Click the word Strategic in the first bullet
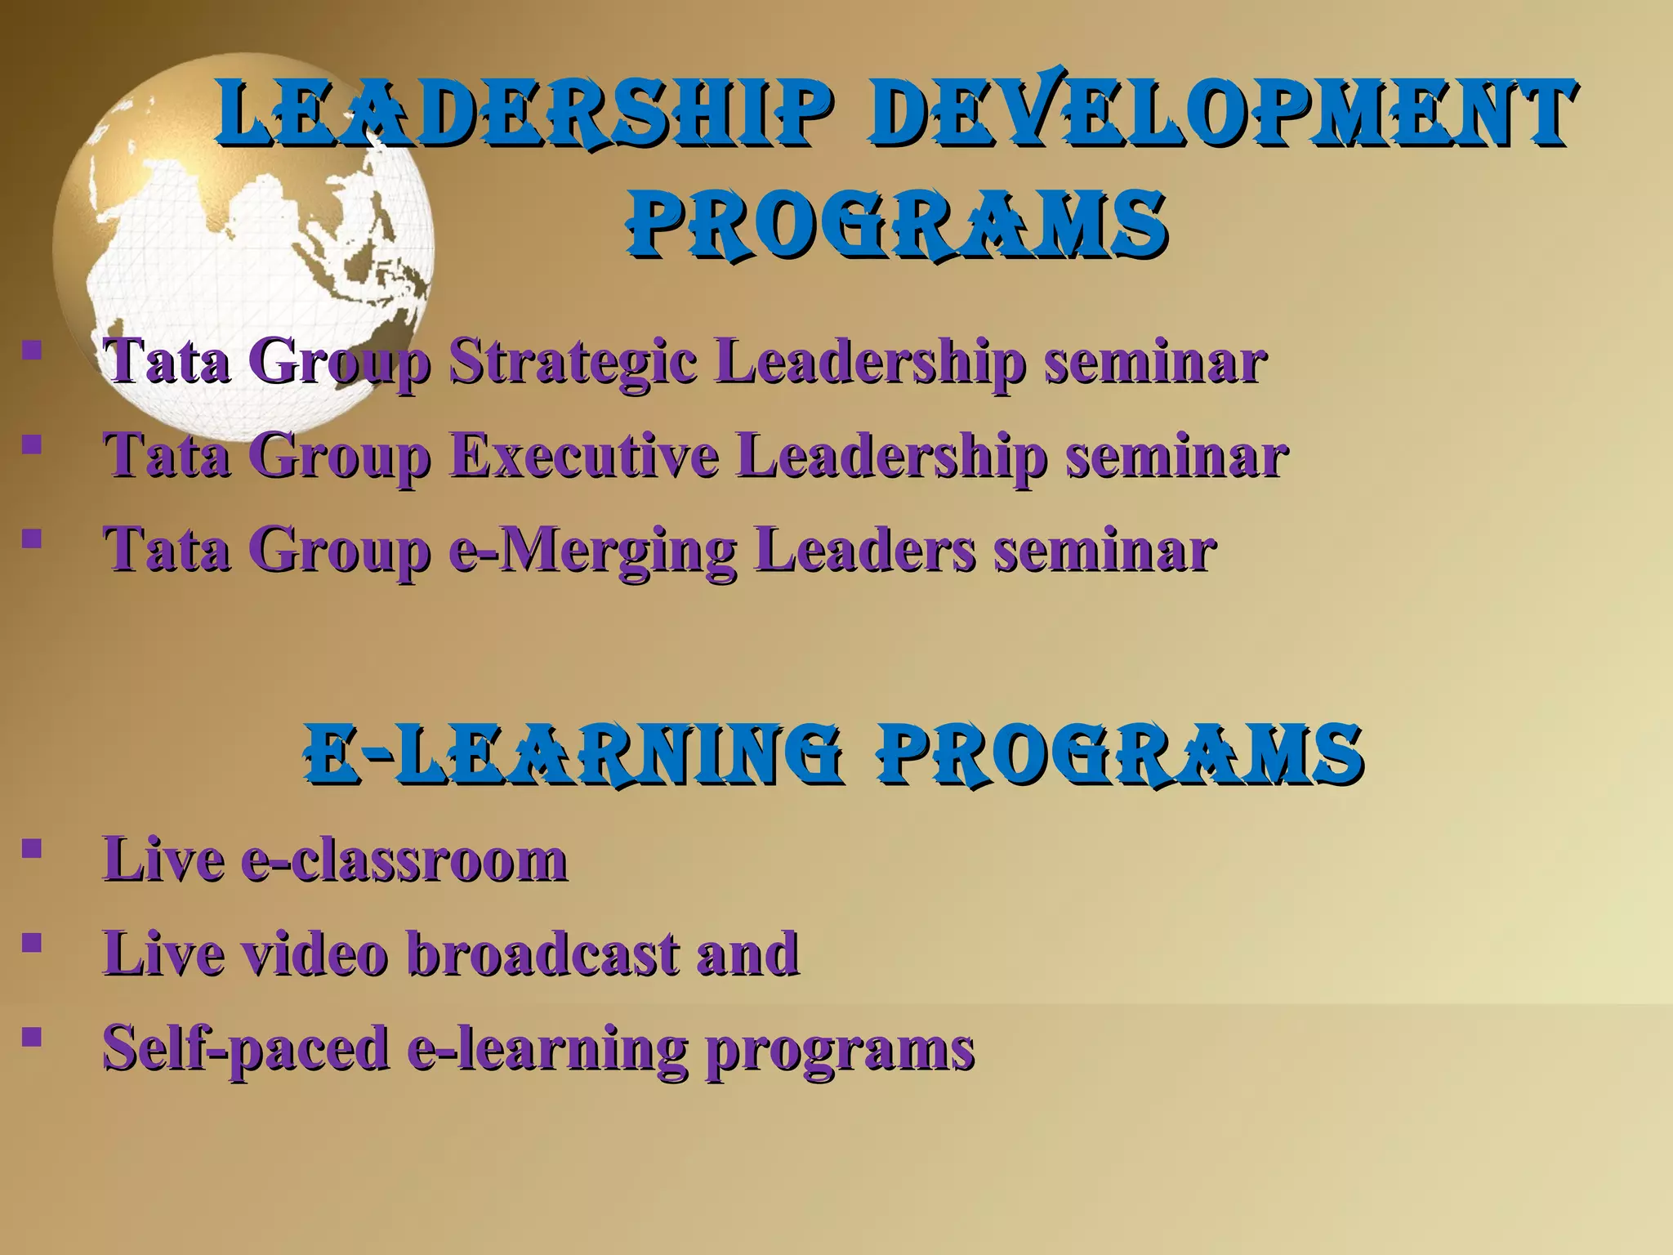pos(572,362)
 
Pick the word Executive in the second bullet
pos(584,456)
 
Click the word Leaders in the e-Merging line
pos(864,549)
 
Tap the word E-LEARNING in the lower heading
pos(572,753)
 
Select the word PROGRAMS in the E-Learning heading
pos(1120,753)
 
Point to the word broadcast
pos(542,954)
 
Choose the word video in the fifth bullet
pos(315,954)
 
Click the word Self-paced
pos(246,1048)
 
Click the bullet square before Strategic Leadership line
pos(32,351)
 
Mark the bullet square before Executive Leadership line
pos(32,444)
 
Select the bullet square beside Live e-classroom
pos(32,848)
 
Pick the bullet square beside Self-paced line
pos(32,1037)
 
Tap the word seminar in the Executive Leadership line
pos(1176,456)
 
